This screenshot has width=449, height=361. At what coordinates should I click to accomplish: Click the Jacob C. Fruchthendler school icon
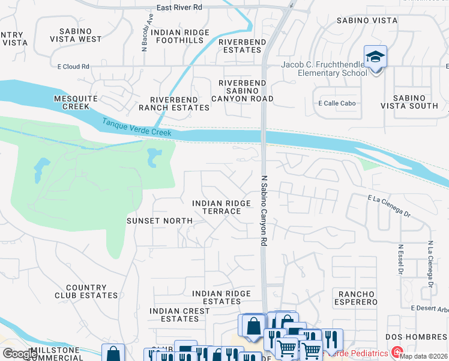click(x=376, y=58)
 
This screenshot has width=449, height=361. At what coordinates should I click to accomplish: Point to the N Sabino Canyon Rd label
click(x=264, y=210)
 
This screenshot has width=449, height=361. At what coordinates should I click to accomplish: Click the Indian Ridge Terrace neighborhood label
click(x=221, y=208)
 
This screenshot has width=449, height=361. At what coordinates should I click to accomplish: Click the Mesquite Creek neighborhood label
click(x=71, y=102)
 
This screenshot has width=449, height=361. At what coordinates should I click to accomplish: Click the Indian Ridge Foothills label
click(x=180, y=36)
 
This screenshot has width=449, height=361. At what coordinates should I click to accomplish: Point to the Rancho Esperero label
click(x=358, y=298)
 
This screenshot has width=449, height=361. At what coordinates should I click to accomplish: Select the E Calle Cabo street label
click(x=337, y=103)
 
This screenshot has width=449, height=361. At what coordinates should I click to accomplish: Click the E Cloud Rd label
click(x=74, y=67)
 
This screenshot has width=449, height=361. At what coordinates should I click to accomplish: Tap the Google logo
click(x=20, y=354)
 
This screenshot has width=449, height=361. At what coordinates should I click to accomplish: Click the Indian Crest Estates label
click(x=179, y=315)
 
